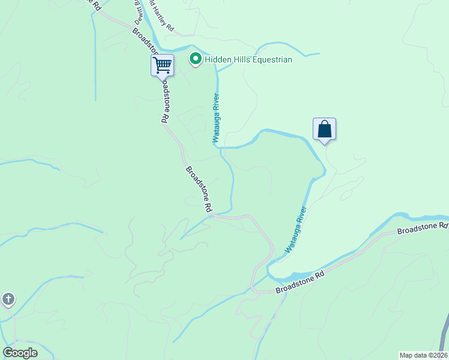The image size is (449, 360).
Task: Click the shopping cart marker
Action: tap(162, 64)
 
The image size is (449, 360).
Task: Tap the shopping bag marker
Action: tap(324, 129)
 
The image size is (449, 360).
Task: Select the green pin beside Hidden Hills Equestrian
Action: tap(195, 59)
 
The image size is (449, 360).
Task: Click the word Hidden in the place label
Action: tap(219, 59)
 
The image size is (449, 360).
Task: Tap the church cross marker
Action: tap(8, 299)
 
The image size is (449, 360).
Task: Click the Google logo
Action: tap(20, 353)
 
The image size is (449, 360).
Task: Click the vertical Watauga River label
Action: tap(215, 118)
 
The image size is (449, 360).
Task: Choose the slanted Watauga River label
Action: tap(296, 229)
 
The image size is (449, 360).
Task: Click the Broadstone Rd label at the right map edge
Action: tap(423, 229)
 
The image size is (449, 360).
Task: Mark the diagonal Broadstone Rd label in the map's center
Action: tap(199, 189)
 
